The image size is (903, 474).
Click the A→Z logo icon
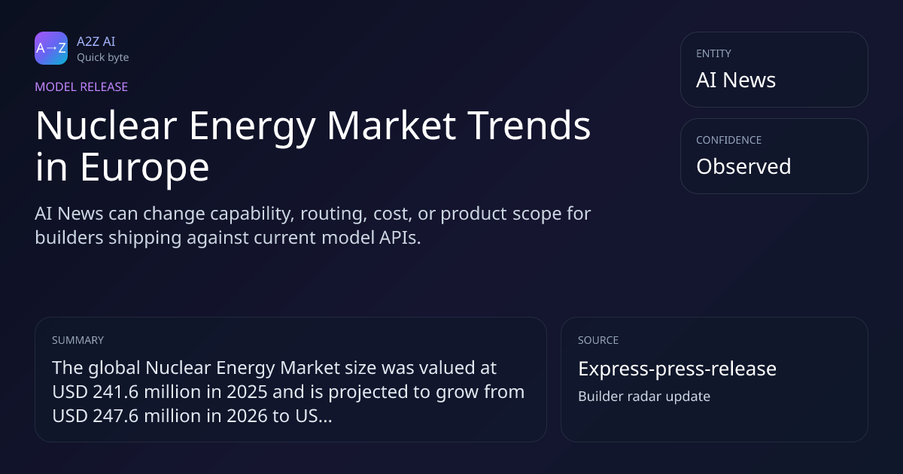tap(51, 48)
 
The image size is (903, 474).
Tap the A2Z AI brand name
tap(96, 41)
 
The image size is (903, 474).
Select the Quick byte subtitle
tap(103, 58)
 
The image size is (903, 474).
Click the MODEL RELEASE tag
tap(81, 87)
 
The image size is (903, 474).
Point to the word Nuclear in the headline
tap(106, 126)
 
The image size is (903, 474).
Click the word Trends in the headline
tap(529, 126)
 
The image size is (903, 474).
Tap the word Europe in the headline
tap(144, 168)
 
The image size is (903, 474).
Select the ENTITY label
tap(713, 53)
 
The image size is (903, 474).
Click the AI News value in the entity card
tap(736, 80)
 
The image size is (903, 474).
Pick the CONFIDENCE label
tap(729, 140)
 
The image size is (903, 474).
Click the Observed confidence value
tap(743, 166)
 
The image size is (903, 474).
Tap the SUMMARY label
tap(78, 340)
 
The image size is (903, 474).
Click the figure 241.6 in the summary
tap(116, 392)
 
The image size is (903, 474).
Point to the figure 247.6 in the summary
tap(116, 416)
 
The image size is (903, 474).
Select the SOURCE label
tap(598, 340)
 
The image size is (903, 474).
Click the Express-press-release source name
tap(677, 369)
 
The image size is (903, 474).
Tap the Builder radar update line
tap(644, 397)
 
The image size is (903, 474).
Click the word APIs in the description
tap(400, 238)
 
